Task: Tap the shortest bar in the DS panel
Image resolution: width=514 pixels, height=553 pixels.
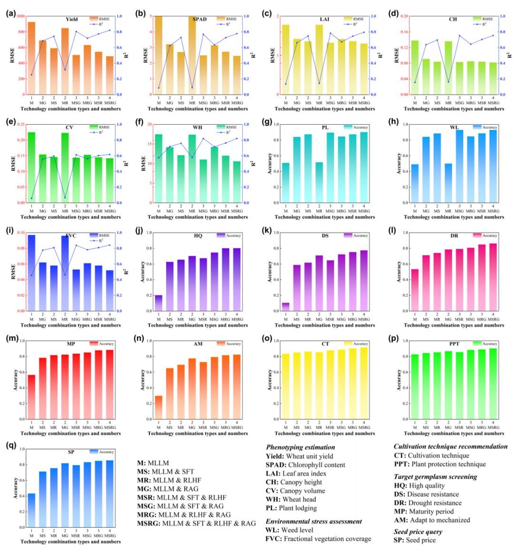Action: click(x=286, y=307)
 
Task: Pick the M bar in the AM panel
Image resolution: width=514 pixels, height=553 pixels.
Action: click(x=158, y=407)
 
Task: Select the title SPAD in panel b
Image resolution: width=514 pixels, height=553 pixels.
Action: click(x=199, y=20)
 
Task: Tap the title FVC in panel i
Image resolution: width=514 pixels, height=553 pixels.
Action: click(x=71, y=236)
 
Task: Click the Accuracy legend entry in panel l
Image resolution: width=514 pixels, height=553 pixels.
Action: click(x=485, y=236)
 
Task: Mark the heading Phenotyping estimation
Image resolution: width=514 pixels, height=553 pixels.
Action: click(x=300, y=447)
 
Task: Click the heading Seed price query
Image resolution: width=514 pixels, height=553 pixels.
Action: click(x=418, y=532)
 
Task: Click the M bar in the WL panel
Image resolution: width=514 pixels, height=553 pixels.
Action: click(x=415, y=183)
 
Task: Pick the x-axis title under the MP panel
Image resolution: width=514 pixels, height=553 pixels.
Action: click(x=70, y=434)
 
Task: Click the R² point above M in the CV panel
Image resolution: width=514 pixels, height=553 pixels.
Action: click(x=31, y=198)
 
